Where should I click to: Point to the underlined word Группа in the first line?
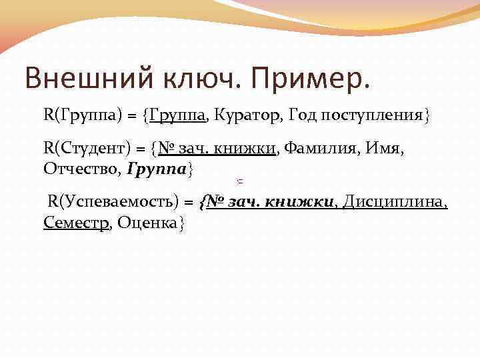177,115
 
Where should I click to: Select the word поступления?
373,116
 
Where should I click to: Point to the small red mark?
239,181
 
